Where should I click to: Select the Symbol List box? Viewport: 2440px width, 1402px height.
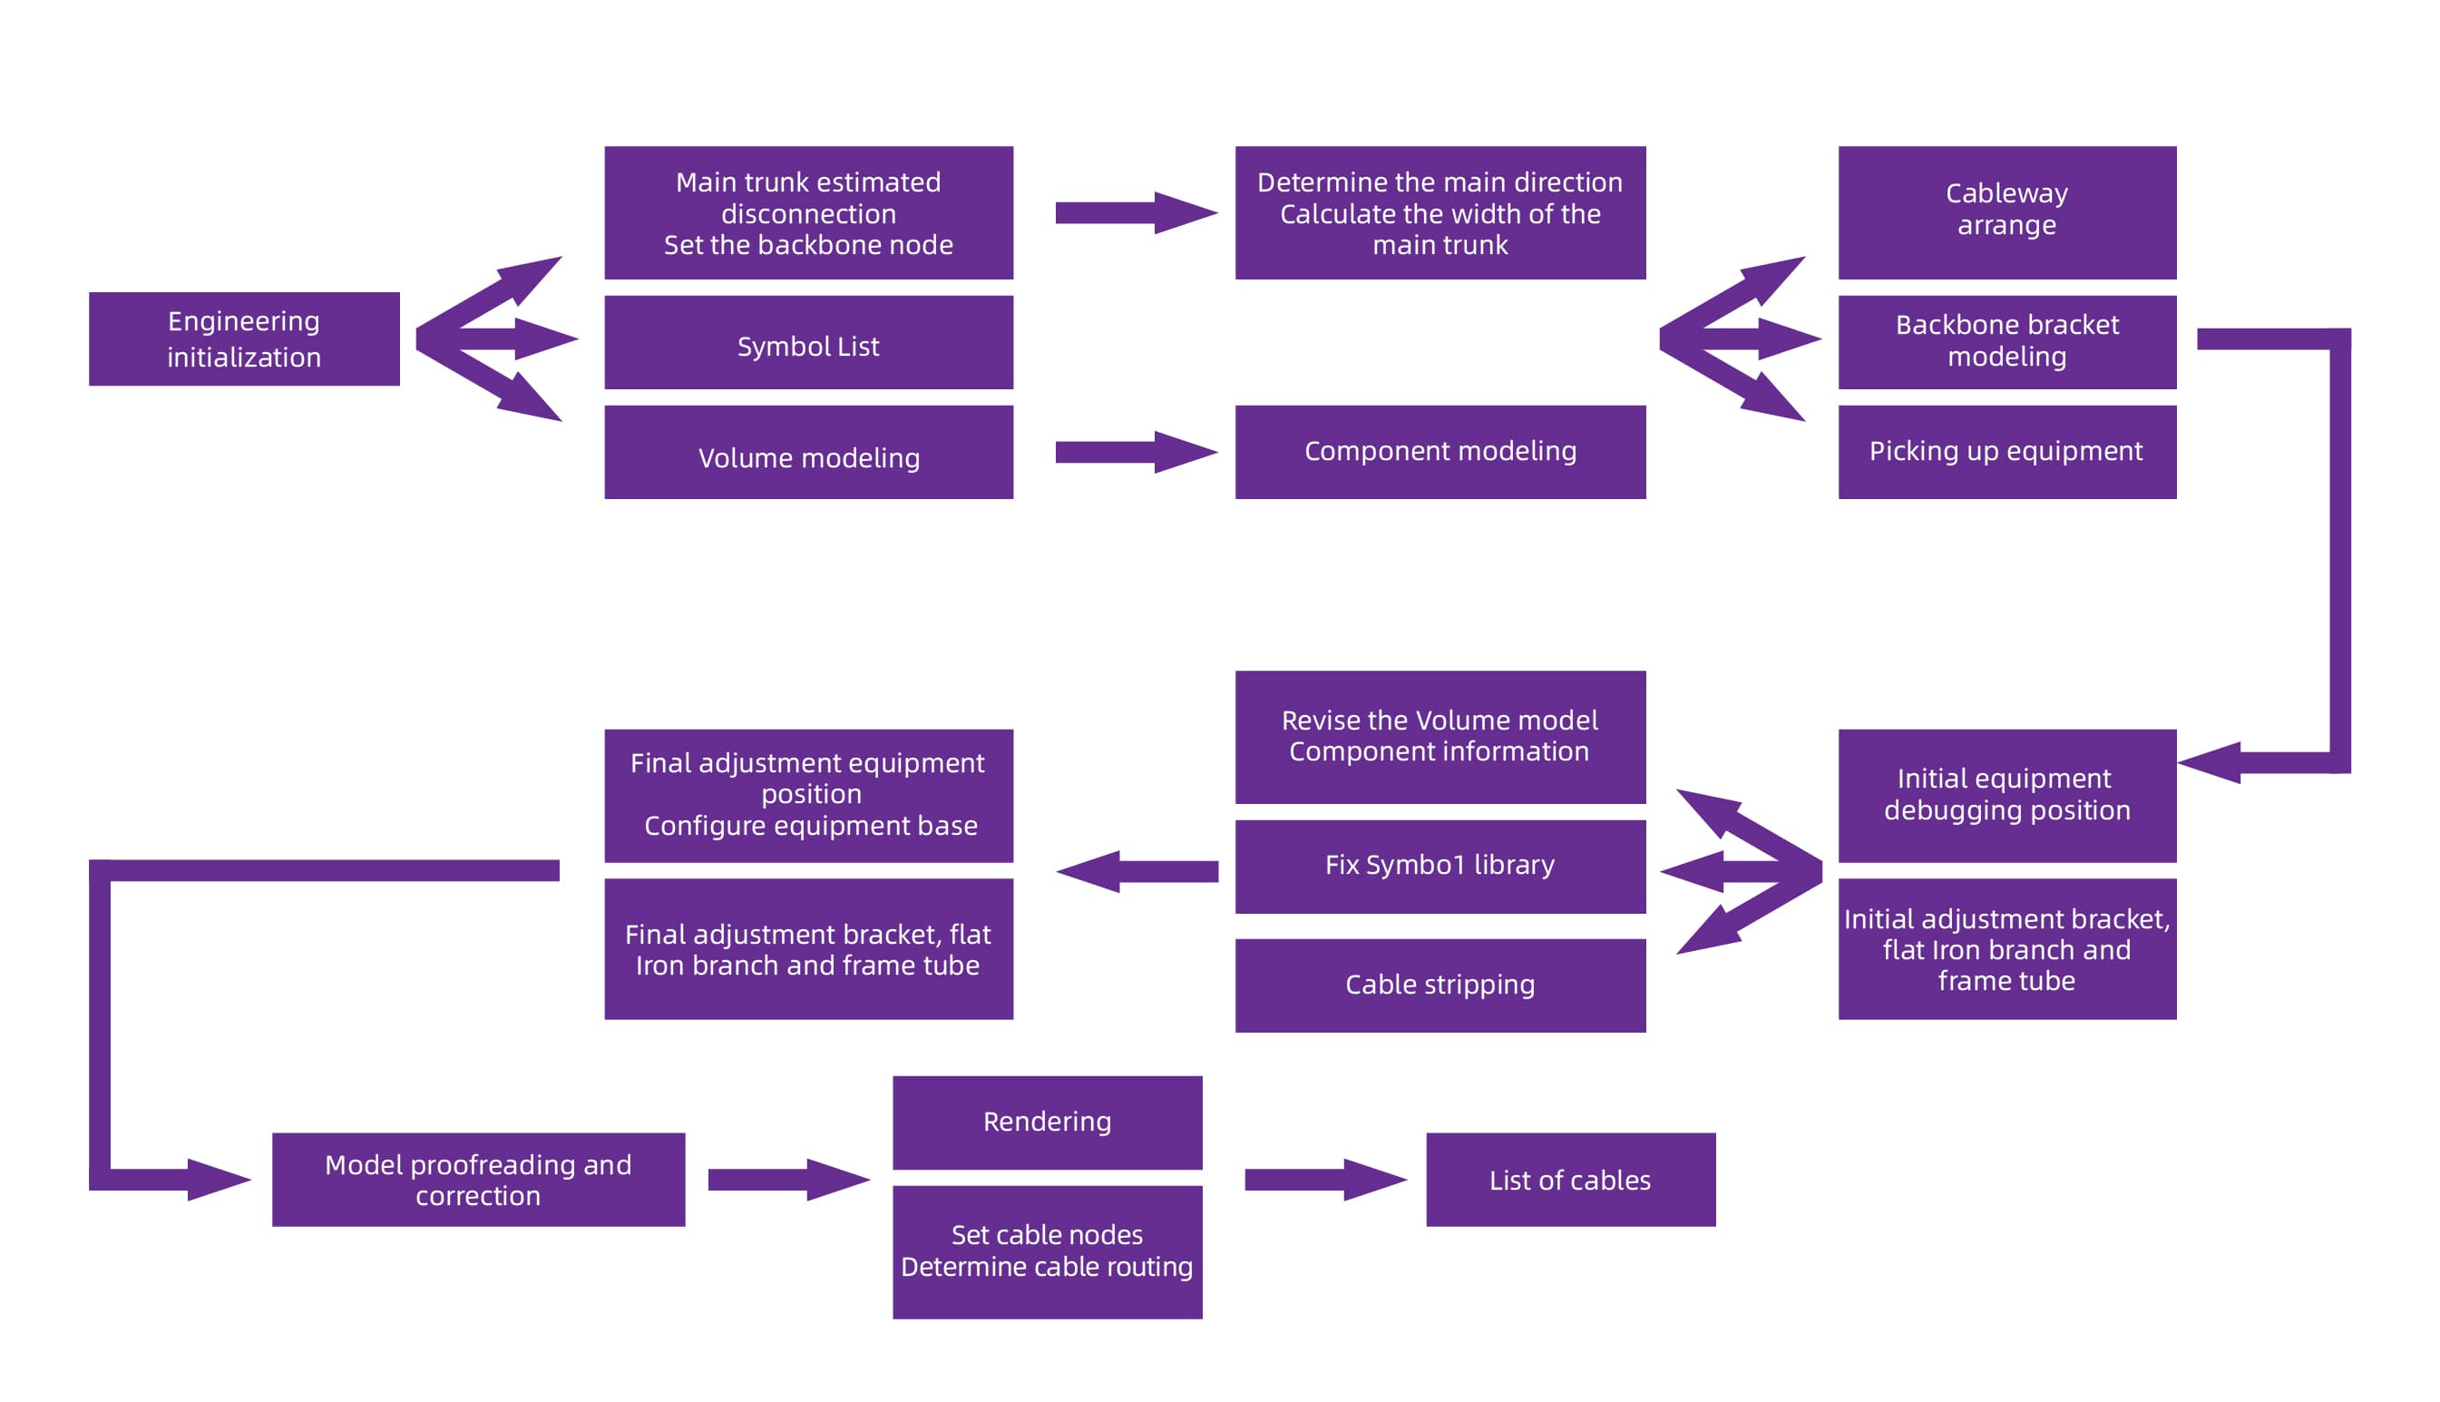tap(807, 343)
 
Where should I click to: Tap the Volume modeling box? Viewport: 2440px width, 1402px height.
tap(807, 453)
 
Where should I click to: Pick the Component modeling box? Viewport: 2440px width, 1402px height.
tap(1439, 453)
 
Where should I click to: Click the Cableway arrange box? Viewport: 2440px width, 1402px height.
tap(2006, 213)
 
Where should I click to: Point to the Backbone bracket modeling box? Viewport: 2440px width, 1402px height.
tap(2006, 343)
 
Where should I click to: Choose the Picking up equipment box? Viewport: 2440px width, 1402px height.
tap(2006, 453)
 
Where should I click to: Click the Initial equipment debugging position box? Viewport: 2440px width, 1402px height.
tap(2006, 795)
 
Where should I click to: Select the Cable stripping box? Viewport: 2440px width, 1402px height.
tap(1439, 985)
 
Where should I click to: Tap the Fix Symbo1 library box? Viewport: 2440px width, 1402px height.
tap(1439, 867)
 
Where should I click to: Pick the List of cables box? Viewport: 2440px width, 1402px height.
tap(1569, 1180)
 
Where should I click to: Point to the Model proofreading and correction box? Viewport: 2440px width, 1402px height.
tap(477, 1180)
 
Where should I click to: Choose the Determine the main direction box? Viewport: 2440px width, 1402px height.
tap(1439, 213)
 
